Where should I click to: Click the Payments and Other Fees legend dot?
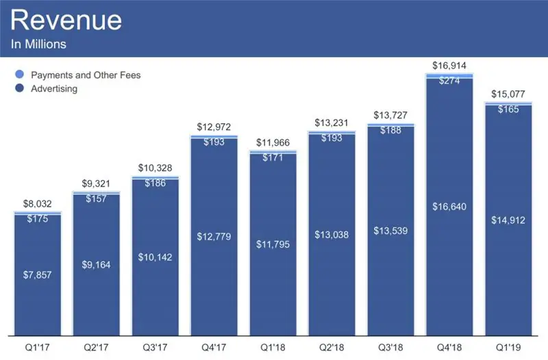(18, 75)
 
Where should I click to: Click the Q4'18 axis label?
(449, 347)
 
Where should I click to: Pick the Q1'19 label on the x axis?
(508, 347)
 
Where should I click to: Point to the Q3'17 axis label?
(155, 347)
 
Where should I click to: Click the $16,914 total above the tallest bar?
(449, 65)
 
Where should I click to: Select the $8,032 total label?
(37, 205)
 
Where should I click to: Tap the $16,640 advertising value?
(449, 206)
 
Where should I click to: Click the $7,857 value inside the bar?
(37, 274)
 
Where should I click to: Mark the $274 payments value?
(449, 80)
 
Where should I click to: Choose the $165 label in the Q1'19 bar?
(508, 109)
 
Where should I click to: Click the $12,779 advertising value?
(214, 237)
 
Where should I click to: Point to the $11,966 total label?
(273, 144)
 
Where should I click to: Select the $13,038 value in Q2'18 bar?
(332, 235)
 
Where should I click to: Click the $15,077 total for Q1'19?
(508, 94)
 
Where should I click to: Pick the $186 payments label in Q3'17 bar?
(155, 184)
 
